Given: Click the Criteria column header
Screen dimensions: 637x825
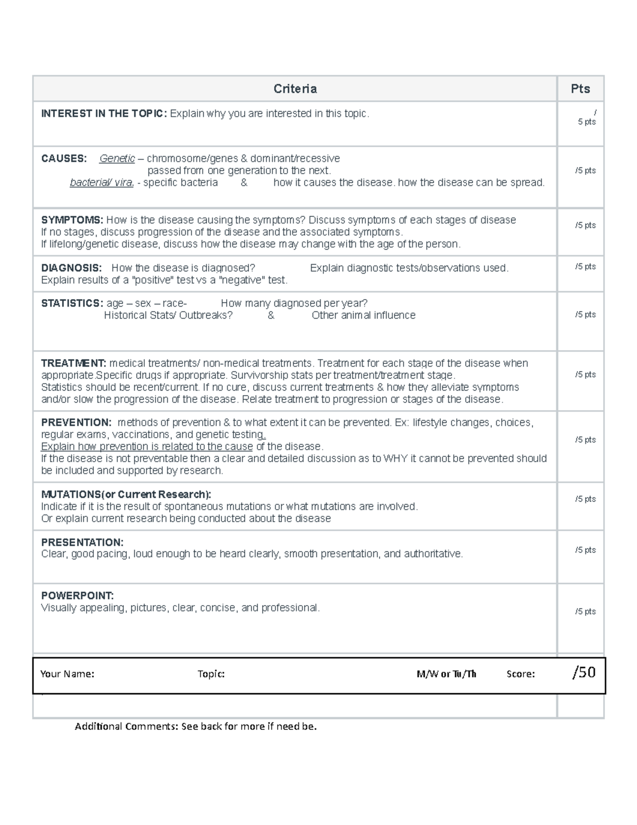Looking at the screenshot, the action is tap(295, 89).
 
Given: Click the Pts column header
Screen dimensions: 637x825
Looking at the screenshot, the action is tap(580, 89).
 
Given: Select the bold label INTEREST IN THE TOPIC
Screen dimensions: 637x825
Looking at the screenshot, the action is tap(104, 114).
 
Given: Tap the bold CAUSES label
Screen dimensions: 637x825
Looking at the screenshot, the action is tap(64, 159).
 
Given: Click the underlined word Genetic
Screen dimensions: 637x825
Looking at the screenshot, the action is tap(117, 159).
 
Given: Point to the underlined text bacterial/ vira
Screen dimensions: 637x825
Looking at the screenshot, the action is tap(101, 183).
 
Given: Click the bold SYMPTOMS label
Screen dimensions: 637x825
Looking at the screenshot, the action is tap(72, 220).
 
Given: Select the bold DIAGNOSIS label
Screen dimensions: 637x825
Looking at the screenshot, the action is tap(71, 268).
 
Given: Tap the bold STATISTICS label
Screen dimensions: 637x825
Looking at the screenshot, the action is tap(72, 303).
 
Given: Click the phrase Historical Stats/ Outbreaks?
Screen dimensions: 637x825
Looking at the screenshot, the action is tap(168, 316).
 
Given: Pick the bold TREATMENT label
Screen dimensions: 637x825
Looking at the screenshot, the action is tap(74, 363).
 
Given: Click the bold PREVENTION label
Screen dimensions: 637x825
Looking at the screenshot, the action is tap(76, 423).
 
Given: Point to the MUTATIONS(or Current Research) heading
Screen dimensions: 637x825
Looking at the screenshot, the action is tap(126, 495).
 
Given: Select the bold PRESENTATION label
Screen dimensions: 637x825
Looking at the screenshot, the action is tap(82, 542).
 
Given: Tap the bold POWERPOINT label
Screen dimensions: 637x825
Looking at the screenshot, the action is tap(78, 596).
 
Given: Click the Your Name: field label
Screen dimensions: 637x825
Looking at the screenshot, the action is tap(67, 674).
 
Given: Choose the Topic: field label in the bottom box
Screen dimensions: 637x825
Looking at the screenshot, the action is tap(211, 674).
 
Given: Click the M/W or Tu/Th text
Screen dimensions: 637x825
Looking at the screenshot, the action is tap(446, 674).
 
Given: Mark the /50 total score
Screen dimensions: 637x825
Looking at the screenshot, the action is tap(584, 673).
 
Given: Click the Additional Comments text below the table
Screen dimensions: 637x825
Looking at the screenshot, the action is tap(196, 726).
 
